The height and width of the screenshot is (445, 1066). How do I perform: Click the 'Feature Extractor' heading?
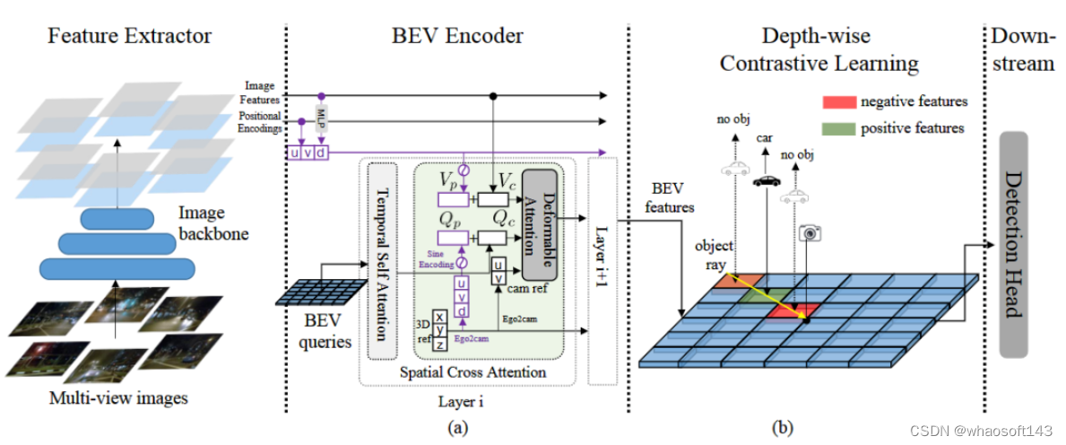(129, 37)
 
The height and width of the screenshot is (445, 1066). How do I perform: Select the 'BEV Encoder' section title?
(457, 37)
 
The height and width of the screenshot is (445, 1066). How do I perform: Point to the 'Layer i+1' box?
(602, 269)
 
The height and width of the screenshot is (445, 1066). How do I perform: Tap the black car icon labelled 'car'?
(766, 180)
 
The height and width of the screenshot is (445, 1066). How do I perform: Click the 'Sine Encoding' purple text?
(436, 259)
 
